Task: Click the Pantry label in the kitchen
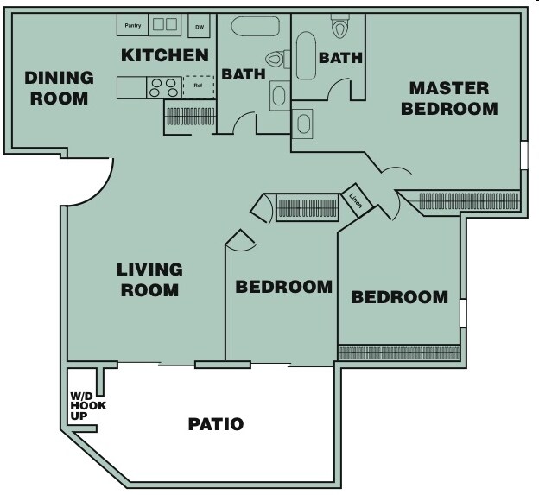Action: tap(133, 25)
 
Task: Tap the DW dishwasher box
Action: tap(199, 27)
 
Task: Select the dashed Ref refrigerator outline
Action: tap(198, 86)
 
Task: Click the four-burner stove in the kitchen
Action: tap(164, 87)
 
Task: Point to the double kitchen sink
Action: tap(165, 25)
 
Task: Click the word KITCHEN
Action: tap(164, 56)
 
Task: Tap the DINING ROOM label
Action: tap(56, 87)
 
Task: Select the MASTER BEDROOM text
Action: tap(449, 98)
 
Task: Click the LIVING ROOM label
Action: tap(149, 280)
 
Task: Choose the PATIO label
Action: tap(216, 424)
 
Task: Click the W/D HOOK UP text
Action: tap(83, 405)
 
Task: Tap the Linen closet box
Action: tap(357, 200)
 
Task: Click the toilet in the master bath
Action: tap(340, 27)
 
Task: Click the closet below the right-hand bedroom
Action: tap(398, 352)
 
